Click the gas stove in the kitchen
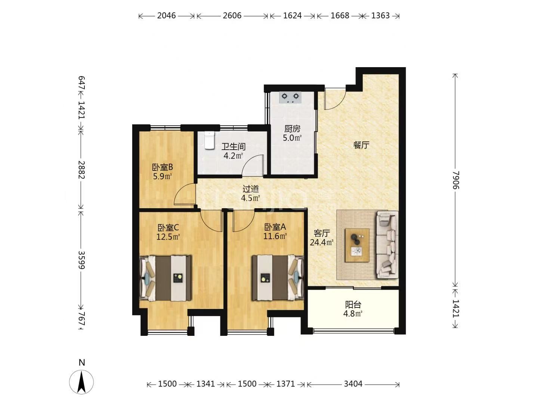click(290, 97)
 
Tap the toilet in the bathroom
click(209, 140)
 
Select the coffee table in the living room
click(357, 245)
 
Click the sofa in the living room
click(387, 245)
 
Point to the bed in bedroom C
click(166, 278)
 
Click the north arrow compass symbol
click(81, 382)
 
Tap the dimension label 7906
click(455, 180)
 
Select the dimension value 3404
click(353, 384)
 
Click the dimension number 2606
click(232, 16)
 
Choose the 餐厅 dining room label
click(361, 145)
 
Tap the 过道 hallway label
click(251, 189)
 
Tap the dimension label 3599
click(81, 260)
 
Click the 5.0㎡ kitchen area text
click(292, 138)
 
